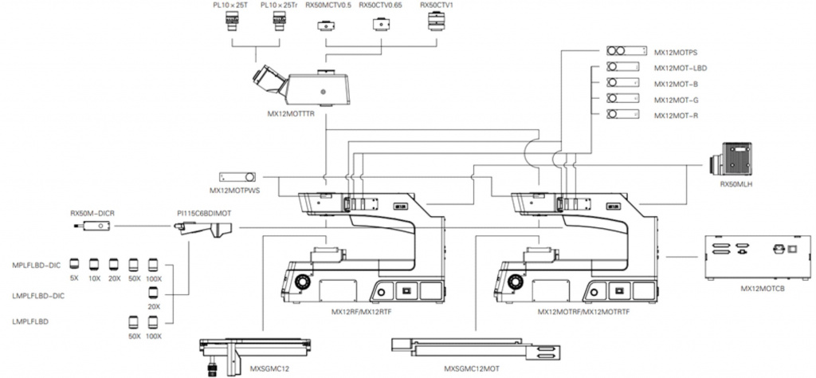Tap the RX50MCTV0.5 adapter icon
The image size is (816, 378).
coord(326,26)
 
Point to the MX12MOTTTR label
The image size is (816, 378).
coord(292,112)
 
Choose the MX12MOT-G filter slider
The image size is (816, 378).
coord(623,98)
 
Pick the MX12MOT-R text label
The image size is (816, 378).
coord(676,115)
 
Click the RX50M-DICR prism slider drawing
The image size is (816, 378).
coord(92,226)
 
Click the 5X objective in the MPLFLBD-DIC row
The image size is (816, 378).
coord(74,264)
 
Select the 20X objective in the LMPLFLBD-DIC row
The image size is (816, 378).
coord(153,293)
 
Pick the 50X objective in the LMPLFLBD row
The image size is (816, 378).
coord(134,321)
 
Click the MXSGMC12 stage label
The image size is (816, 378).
coord(270,368)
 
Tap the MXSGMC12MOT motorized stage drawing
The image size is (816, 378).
coord(476,347)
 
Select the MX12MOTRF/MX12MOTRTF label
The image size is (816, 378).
coord(576,313)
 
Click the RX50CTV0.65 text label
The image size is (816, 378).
coord(380,6)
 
